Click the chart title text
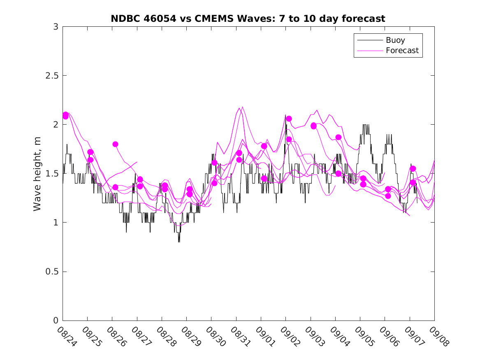click(x=248, y=19)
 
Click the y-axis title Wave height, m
click(x=37, y=174)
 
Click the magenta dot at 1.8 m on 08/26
click(x=115, y=144)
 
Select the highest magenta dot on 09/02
click(x=289, y=118)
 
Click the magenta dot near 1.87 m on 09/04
click(x=339, y=137)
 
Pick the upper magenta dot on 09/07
click(x=413, y=169)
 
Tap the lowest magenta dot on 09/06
click(x=388, y=196)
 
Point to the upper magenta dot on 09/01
click(x=264, y=146)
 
